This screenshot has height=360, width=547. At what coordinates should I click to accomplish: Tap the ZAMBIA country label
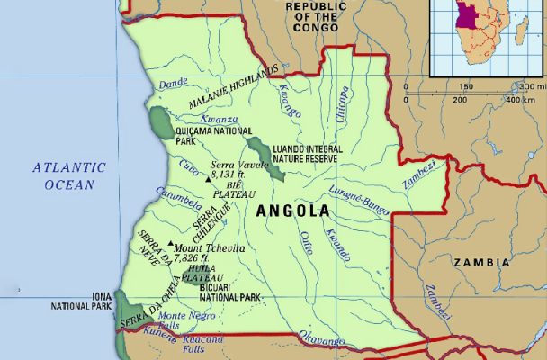tap(482, 263)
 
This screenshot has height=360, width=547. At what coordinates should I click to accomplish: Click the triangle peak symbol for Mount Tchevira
tap(170, 243)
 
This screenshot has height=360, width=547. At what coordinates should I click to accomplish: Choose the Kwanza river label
tap(219, 119)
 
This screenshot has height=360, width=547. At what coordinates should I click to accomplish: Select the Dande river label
tap(173, 85)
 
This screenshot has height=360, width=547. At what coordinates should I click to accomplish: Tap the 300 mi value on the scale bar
tap(533, 86)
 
